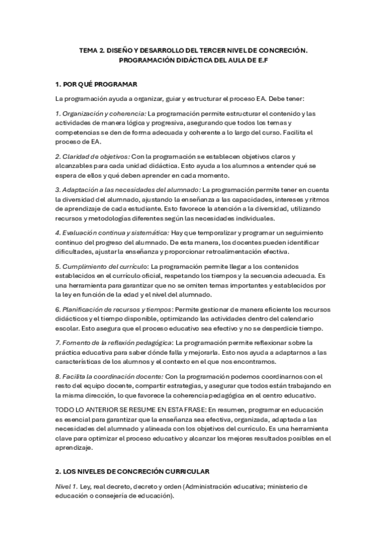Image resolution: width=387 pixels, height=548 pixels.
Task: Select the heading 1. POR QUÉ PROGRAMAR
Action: click(96, 85)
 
